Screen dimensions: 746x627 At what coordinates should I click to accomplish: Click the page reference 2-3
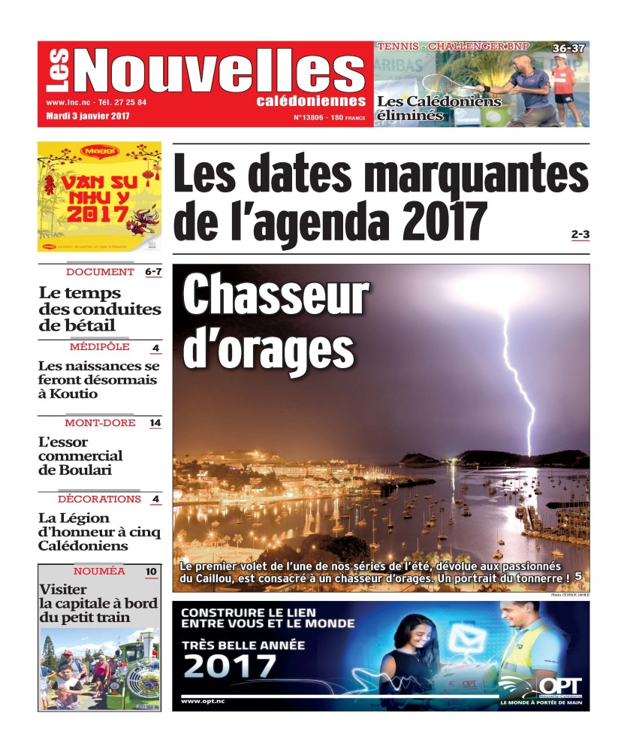tap(580, 235)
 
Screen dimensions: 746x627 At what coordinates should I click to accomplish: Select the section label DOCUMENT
tap(100, 272)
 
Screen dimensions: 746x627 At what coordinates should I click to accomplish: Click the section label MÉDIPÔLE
tap(99, 347)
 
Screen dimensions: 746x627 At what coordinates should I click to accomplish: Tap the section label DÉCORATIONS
tap(99, 499)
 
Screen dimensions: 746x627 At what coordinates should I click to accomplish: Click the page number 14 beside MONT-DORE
tap(155, 423)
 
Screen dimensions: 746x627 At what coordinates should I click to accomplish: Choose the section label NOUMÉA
tap(99, 572)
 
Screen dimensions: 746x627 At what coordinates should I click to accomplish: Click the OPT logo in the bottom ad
tap(552, 686)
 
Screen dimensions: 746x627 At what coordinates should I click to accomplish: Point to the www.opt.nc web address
tap(203, 701)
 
